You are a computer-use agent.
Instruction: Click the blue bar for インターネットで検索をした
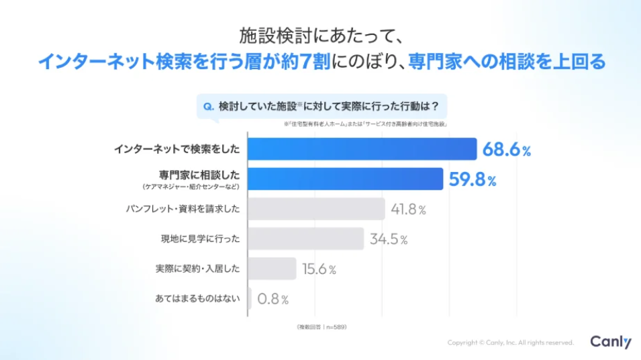(x=362, y=149)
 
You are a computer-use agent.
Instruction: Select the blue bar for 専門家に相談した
(x=345, y=179)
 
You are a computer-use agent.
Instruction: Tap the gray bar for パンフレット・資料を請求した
(x=316, y=209)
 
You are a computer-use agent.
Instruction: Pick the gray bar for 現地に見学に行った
(x=305, y=238)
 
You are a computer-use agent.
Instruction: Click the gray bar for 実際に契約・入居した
(x=272, y=269)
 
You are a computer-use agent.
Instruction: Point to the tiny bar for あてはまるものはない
(x=250, y=299)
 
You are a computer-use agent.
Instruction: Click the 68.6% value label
(x=507, y=150)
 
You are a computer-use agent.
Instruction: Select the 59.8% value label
(x=473, y=179)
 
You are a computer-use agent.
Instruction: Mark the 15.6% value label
(x=319, y=269)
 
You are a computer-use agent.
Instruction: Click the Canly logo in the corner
(x=610, y=342)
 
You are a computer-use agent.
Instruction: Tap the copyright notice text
(x=511, y=343)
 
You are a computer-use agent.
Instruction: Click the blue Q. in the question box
(x=208, y=106)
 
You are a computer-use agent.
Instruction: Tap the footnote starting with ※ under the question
(x=365, y=124)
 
